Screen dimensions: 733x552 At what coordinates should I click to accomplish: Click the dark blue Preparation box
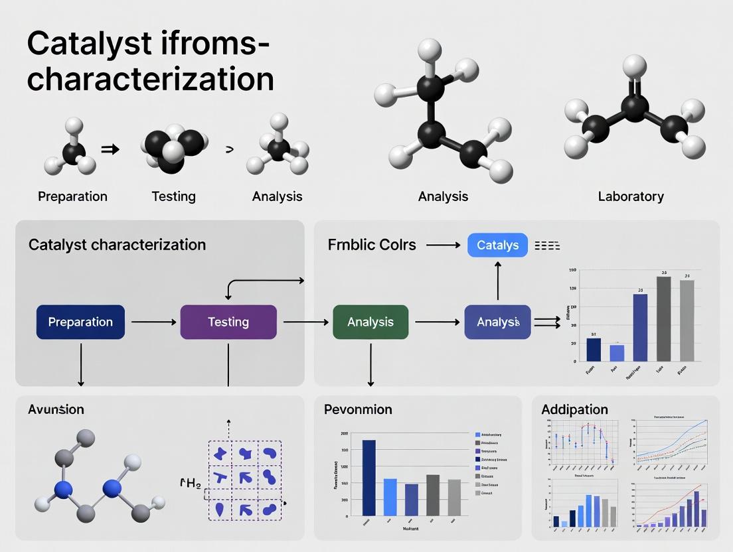point(80,322)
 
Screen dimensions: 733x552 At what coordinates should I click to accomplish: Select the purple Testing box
point(228,322)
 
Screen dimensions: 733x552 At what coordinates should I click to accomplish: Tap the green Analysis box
point(370,322)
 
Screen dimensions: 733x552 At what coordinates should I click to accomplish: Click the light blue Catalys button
point(497,245)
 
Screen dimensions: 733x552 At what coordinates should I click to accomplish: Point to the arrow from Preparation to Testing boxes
point(155,322)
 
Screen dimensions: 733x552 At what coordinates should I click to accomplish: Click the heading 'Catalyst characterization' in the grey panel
point(117,245)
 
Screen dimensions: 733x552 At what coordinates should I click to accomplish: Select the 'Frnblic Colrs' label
point(372,245)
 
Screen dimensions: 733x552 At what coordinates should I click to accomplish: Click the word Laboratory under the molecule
point(630,196)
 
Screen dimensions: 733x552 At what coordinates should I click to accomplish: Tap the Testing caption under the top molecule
point(173,196)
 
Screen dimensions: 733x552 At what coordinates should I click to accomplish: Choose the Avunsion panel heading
point(56,409)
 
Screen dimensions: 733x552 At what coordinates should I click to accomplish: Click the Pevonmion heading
point(358,409)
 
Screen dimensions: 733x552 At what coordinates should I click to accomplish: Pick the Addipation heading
point(574,409)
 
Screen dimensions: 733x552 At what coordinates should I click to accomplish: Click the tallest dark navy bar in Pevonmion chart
point(368,478)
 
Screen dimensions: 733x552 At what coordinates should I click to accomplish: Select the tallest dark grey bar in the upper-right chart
point(663,318)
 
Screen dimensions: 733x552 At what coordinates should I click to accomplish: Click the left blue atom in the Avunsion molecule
point(63,490)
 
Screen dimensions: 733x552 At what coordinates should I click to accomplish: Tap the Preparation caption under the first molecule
point(72,196)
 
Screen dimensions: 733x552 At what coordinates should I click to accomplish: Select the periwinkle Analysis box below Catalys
point(497,322)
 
